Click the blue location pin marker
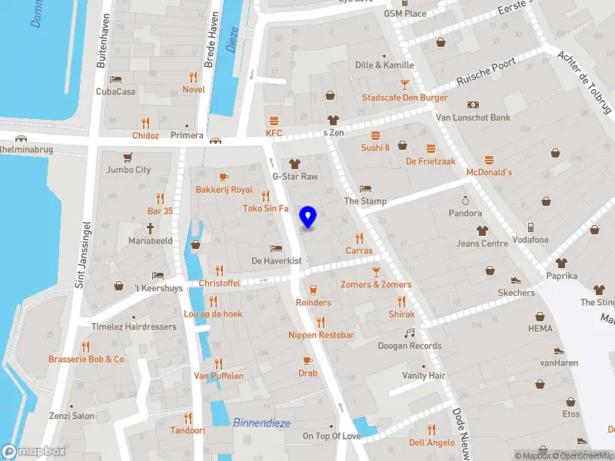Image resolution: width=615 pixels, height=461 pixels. pos(308,217)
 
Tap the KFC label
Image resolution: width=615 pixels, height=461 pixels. pos(274,133)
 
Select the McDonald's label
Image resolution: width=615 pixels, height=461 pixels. pos(489,172)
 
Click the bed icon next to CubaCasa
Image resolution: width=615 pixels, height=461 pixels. pos(115,78)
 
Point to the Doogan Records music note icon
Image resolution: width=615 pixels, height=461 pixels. pos(409,333)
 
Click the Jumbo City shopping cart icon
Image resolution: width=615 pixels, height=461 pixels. pos(128,156)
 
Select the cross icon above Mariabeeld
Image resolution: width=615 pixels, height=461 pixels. pos(150,228)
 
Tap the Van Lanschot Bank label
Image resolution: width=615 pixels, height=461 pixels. pos(473,118)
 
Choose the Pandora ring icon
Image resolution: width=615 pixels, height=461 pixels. pos(465,199)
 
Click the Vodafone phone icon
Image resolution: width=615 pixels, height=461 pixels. pos(530,227)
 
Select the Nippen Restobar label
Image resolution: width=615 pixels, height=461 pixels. pos(321,335)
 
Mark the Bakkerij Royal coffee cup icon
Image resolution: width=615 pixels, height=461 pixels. pos(224,176)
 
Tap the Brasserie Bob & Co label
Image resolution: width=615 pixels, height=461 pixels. pos(86,359)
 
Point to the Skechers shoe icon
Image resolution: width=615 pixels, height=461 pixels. pos(516,280)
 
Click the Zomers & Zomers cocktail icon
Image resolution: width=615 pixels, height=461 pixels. pos(376,271)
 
